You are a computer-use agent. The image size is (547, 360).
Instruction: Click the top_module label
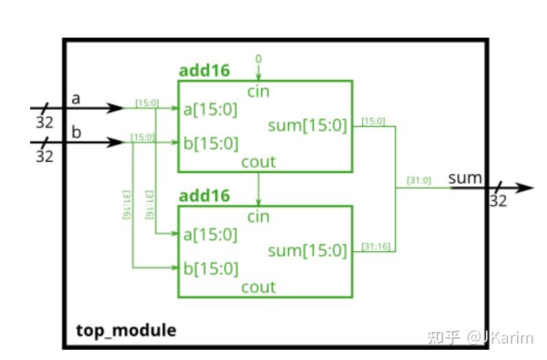pos(126,331)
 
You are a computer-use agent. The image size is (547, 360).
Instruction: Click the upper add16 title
pos(205,70)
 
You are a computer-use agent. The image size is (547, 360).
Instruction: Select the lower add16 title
pos(205,196)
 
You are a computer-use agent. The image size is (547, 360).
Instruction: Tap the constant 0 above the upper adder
pos(259,59)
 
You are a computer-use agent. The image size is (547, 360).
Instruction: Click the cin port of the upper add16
pos(259,92)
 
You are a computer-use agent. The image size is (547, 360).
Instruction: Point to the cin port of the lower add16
pos(259,217)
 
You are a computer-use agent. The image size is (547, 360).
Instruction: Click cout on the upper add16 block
pos(259,162)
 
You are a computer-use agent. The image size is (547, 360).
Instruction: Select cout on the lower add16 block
pos(259,287)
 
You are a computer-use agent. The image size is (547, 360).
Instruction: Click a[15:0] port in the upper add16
pos(210,110)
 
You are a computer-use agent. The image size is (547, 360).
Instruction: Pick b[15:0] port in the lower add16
pos(211,268)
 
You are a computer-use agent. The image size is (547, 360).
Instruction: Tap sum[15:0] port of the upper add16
pos(307,125)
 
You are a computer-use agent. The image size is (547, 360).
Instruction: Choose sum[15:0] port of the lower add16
pos(307,250)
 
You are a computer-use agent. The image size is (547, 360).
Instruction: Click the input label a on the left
pos(76,99)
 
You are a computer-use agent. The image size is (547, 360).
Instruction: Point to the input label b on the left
pos(76,132)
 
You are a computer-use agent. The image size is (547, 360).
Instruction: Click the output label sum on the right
pos(465,178)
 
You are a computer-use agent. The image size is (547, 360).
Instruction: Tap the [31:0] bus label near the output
pos(419,181)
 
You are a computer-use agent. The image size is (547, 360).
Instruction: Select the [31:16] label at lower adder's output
pos(376,246)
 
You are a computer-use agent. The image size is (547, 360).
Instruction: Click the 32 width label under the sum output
pos(498,201)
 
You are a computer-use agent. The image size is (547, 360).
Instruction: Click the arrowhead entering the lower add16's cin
pos(259,202)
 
